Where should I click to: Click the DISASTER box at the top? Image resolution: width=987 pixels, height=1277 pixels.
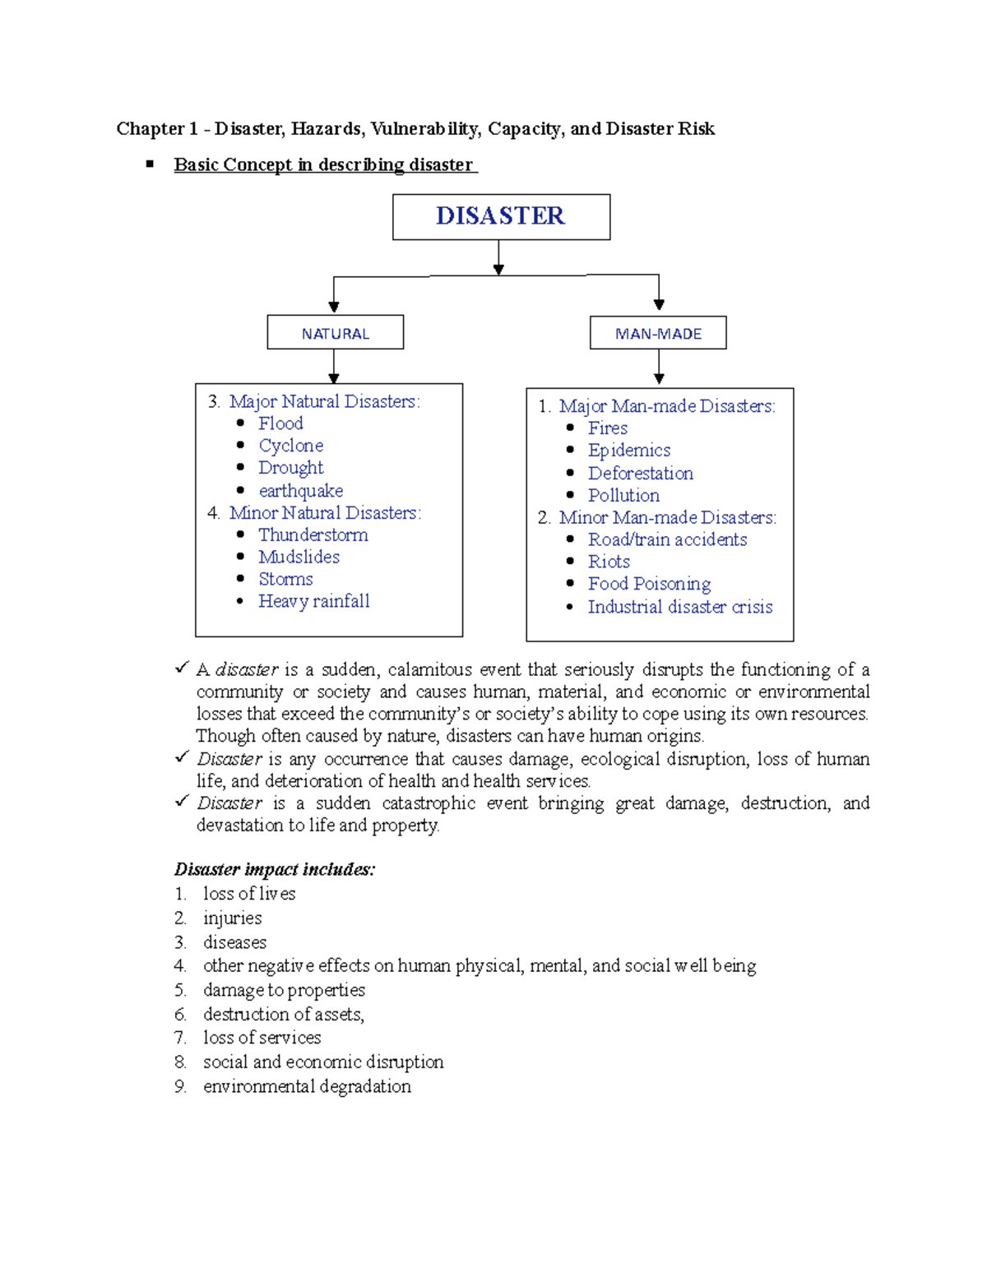pos(501,216)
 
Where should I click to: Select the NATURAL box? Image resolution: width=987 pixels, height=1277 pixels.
pos(336,333)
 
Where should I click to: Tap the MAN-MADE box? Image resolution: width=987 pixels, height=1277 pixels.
pos(658,333)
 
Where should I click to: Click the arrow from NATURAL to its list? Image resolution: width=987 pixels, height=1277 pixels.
pos(334,366)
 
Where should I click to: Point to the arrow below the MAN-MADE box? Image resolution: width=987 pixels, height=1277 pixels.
pos(659,368)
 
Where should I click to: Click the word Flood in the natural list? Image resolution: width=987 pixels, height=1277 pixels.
pos(280,423)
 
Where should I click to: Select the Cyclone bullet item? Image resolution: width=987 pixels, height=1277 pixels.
pos(290,446)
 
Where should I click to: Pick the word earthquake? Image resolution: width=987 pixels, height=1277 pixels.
pos(300,491)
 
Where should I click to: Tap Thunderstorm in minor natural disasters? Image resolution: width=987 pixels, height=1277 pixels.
pos(313,535)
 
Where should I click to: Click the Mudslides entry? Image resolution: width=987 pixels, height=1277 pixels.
pos(299,558)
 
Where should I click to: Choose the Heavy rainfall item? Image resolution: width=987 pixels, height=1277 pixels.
pos(313,602)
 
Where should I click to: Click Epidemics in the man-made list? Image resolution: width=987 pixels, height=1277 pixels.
pos(629,451)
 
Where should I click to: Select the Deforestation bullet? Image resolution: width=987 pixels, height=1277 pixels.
pos(640,474)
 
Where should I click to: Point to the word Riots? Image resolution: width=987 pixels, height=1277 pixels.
pos(609,562)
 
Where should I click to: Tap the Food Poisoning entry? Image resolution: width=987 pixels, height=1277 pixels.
pos(649,584)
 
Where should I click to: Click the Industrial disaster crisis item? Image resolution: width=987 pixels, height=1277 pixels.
pos(680,607)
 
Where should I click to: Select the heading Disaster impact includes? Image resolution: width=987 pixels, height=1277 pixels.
pos(275,869)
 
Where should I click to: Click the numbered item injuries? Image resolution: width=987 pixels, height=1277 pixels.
pos(232,918)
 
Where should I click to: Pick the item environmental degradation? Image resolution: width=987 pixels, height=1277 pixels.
pos(307,1086)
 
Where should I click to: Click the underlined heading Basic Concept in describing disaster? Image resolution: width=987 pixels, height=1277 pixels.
pos(324,164)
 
